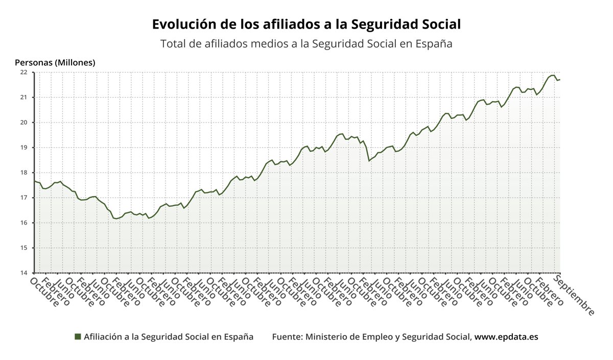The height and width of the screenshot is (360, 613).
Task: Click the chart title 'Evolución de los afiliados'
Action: [x=306, y=25]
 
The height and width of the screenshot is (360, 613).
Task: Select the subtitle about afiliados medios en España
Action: [x=306, y=44]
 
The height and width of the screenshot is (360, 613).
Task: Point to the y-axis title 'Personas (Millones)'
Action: [x=55, y=63]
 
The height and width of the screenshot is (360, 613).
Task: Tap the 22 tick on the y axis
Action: [x=23, y=72]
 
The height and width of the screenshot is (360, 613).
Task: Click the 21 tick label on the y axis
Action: [x=23, y=97]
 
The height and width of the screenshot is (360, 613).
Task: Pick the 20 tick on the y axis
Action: [x=23, y=123]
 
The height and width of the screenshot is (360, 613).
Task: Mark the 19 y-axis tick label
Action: [x=23, y=148]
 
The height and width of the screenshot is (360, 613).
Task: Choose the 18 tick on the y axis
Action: [x=23, y=173]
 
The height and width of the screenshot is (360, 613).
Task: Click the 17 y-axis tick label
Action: [x=23, y=198]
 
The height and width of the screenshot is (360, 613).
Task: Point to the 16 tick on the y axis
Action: [x=23, y=223]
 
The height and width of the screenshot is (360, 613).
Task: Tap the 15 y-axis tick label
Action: [x=23, y=248]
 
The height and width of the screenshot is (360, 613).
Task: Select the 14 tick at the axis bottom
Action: [x=23, y=273]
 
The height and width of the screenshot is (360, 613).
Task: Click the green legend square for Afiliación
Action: [x=78, y=337]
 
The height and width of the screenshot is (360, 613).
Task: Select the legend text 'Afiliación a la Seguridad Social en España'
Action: [x=169, y=337]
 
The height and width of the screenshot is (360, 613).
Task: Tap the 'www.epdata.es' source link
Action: [x=506, y=337]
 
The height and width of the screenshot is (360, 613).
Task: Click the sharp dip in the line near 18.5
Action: [x=369, y=161]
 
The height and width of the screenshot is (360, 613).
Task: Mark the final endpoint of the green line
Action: [x=560, y=79]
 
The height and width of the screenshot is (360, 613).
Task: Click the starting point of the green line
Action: [x=35, y=181]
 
